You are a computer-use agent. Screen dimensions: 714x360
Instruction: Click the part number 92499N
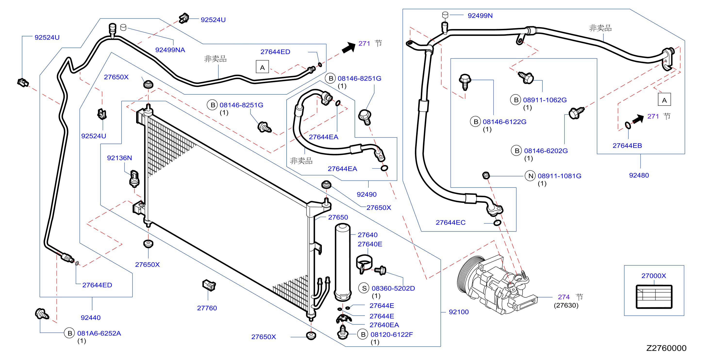click(x=480, y=16)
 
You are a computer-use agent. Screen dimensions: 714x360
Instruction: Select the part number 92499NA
click(x=170, y=50)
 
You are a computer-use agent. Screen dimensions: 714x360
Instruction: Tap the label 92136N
click(x=119, y=158)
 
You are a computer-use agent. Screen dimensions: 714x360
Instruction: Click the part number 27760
click(x=207, y=308)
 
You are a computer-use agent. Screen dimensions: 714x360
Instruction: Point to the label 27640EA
click(x=384, y=325)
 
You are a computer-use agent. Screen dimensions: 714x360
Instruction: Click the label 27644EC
click(x=450, y=222)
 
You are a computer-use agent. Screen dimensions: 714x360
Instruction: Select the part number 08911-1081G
click(x=559, y=176)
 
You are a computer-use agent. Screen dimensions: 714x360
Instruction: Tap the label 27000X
click(x=654, y=276)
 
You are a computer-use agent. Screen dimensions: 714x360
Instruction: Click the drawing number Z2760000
click(x=666, y=348)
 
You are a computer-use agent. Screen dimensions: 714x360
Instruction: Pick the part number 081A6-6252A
click(x=99, y=333)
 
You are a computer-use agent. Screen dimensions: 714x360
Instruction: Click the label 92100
click(x=458, y=312)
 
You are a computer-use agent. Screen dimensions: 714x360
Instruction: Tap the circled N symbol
click(x=530, y=176)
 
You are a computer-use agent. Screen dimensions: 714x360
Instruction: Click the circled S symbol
click(x=364, y=288)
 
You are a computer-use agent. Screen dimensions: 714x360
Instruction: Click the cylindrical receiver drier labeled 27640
click(x=343, y=262)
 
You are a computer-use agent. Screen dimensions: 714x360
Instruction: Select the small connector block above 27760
click(x=209, y=285)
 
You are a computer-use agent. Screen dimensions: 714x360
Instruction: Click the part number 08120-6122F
click(x=391, y=335)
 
